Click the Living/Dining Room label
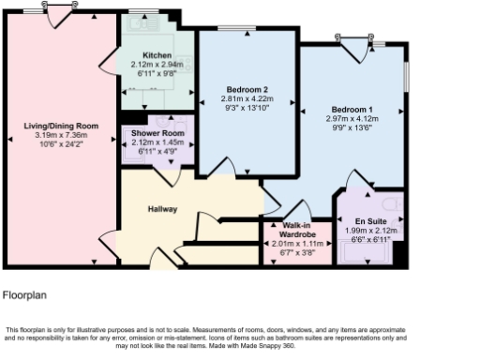[x=61, y=125]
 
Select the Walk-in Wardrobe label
[x=298, y=231]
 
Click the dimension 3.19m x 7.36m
[x=61, y=134]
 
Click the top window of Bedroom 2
[x=246, y=29]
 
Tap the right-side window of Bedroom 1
[x=407, y=79]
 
